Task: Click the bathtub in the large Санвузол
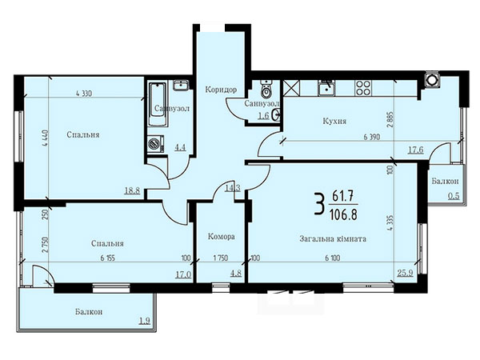tap(158, 104)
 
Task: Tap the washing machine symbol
tap(156, 143)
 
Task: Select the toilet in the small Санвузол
tap(267, 88)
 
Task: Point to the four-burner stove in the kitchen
tap(363, 87)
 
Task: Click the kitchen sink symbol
tap(326, 88)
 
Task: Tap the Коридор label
tap(221, 90)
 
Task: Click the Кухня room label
tap(334, 122)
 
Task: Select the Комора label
tap(222, 237)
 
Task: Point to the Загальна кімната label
tap(333, 238)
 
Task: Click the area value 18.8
tap(132, 190)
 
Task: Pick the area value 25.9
tap(406, 273)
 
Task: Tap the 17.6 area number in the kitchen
tap(416, 150)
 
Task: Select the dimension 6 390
tap(372, 137)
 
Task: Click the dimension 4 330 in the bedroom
tap(83, 94)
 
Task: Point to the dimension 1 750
tap(221, 258)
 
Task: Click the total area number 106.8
tap(343, 214)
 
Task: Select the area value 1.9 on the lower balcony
tap(145, 321)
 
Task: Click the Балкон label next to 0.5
tap(445, 182)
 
